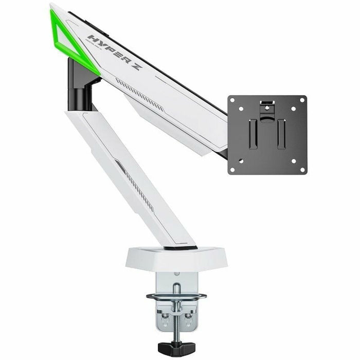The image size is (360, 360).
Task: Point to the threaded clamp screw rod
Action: pos(176,314)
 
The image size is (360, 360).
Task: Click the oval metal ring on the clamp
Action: pos(176,296)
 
